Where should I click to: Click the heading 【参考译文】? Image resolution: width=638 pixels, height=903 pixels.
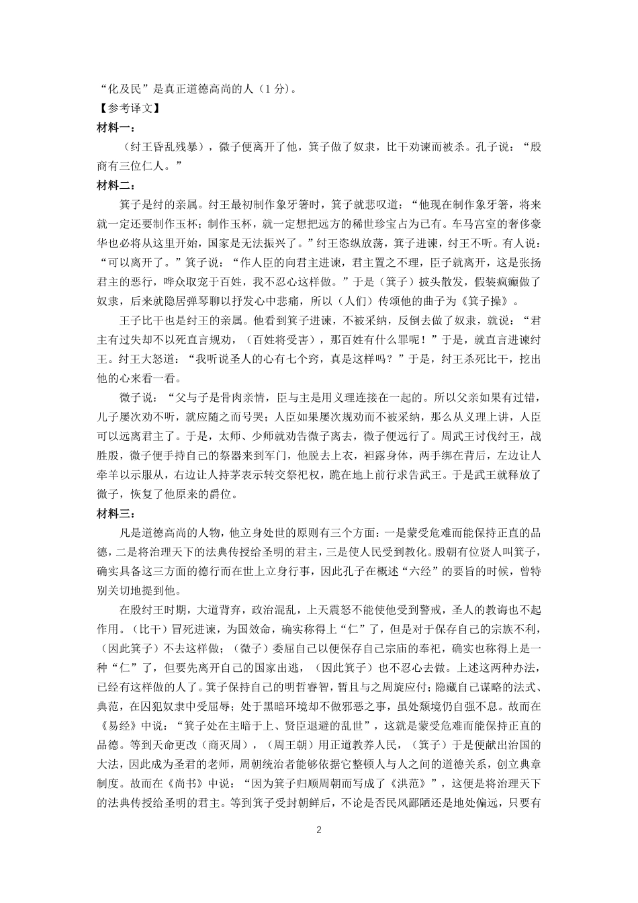pyautogui.click(x=127, y=107)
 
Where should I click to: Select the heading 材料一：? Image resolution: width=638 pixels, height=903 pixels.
pyautogui.click(x=116, y=127)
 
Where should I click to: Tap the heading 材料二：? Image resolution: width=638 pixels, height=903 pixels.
pyautogui.click(x=116, y=185)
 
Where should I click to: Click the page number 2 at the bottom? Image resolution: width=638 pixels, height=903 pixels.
pyautogui.click(x=319, y=830)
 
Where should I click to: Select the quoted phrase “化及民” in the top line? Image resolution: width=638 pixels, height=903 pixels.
pyautogui.click(x=125, y=88)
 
